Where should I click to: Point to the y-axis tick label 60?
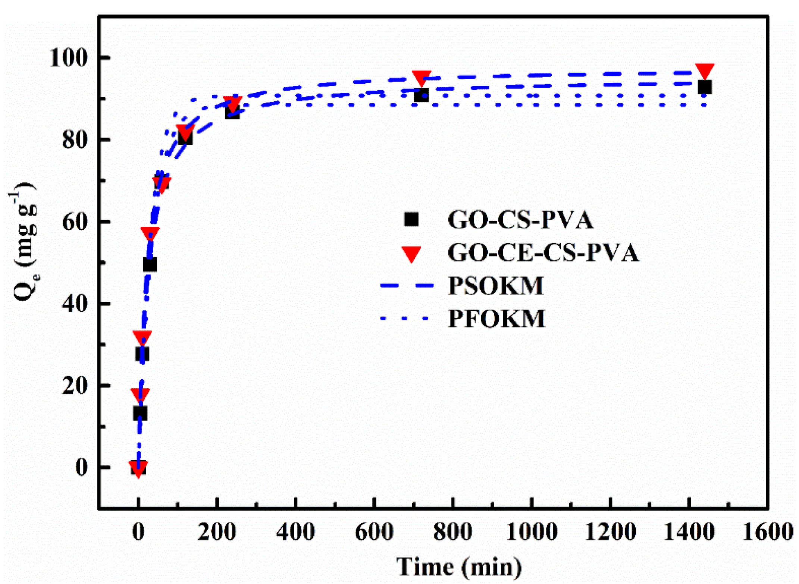coord(75,222)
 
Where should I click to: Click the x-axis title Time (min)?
coord(459,566)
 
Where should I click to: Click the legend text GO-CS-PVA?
coord(520,220)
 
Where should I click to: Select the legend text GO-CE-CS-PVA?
coord(543,253)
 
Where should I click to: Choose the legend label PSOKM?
coord(496,286)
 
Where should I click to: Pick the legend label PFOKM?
coord(496,318)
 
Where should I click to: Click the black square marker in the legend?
coord(411,219)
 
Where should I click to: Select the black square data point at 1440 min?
coord(705,87)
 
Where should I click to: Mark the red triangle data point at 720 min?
coord(422,77)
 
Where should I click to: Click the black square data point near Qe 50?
coord(150,264)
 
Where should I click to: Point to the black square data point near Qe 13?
coord(140,413)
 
